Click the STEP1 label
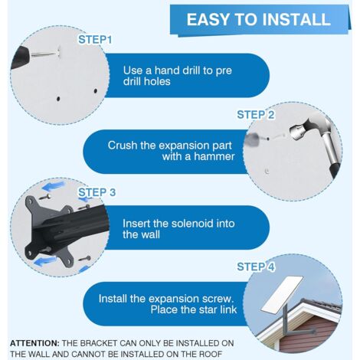point(95,40)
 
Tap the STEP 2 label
point(256,115)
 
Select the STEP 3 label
point(97,192)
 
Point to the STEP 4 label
point(256,267)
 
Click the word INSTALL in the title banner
point(296,19)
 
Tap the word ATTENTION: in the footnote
point(34,343)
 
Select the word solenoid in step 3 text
point(192,224)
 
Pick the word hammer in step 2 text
point(214,156)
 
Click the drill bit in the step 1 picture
point(44,54)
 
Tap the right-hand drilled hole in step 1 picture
point(96,90)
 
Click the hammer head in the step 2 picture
point(301,130)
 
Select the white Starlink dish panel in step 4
point(282,296)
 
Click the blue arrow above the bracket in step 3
point(54,186)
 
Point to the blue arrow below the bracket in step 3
point(45,261)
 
